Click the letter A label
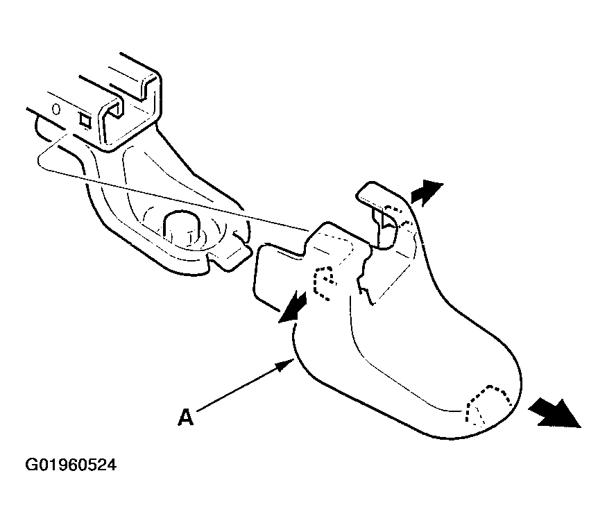click(185, 418)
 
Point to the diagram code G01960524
click(71, 465)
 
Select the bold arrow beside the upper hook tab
click(426, 192)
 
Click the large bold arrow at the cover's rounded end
click(554, 414)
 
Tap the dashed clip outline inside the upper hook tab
click(399, 218)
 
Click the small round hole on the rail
click(56, 109)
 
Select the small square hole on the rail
click(85, 121)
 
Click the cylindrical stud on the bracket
click(182, 228)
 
